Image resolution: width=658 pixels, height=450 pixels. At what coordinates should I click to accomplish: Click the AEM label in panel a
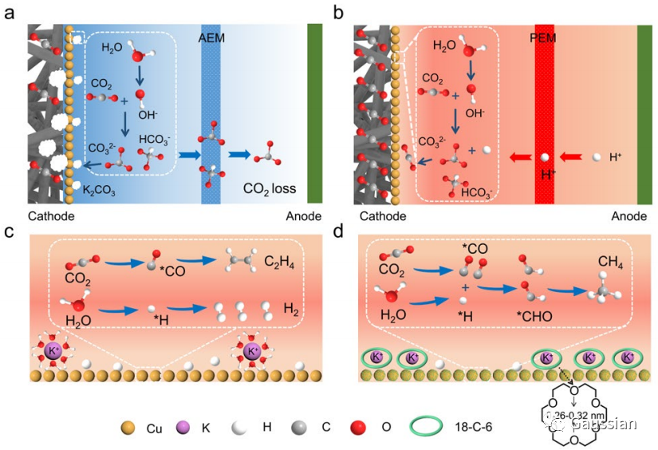point(211,37)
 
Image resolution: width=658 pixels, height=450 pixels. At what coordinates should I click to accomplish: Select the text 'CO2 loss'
point(270,190)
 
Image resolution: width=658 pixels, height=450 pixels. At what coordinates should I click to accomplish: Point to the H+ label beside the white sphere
point(616,158)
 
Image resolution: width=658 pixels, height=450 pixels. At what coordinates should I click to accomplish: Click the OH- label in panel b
point(475,113)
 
